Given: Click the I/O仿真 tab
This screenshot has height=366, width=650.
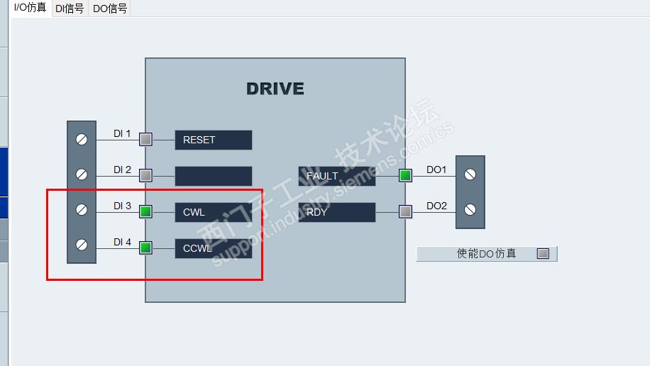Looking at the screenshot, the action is [x=30, y=8].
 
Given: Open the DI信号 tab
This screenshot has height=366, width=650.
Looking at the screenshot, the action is [x=70, y=9].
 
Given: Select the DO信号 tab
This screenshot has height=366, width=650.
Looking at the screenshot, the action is [x=110, y=9].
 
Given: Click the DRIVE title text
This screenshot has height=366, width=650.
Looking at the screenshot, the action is [x=275, y=89].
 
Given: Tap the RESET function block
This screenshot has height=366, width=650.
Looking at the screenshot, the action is [x=214, y=140].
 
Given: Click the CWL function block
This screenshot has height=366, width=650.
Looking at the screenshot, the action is [x=214, y=212].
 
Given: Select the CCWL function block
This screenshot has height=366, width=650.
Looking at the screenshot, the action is [x=214, y=248].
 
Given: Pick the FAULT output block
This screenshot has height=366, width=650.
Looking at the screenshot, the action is [x=337, y=176].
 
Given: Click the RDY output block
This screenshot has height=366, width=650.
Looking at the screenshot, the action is [x=337, y=212].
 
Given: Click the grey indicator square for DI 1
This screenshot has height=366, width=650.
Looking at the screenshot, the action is [x=145, y=139].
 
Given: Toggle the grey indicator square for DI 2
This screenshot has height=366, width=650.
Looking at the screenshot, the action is [x=145, y=175].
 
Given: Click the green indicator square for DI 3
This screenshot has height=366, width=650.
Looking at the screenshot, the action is [x=145, y=211].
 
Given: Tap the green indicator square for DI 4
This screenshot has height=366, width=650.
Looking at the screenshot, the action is [x=145, y=248].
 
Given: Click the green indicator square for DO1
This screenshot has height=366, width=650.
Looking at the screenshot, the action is [x=405, y=175].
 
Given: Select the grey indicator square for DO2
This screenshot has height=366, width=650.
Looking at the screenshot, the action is [x=405, y=211].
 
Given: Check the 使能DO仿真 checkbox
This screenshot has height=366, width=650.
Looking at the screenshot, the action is [x=543, y=254].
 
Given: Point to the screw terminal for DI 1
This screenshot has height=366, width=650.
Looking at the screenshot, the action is [x=82, y=140].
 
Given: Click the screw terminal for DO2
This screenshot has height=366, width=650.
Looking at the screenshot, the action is [x=470, y=210].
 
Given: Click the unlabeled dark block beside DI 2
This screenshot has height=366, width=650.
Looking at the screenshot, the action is [x=214, y=176].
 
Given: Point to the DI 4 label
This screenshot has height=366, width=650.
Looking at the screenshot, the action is [x=122, y=242].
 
